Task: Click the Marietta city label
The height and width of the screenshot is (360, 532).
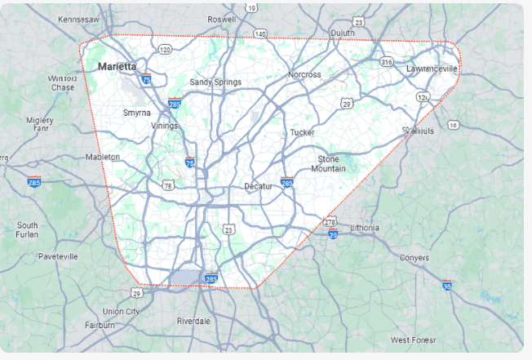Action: pos(117,66)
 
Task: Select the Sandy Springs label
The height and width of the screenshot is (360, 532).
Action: pos(215,82)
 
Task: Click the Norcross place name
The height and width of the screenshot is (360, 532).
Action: pos(304,74)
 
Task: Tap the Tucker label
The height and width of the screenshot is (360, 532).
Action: pos(302,131)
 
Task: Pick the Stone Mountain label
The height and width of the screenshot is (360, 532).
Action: pos(328,163)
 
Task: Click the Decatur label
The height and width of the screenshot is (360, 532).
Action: pos(260,186)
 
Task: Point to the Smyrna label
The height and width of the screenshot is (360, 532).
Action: pos(135,113)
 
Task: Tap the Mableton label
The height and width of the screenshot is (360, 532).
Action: pos(102,157)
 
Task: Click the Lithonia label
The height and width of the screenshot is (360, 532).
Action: pos(364,226)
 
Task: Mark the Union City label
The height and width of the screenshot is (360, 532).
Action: pos(121,311)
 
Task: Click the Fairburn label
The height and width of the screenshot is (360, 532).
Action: pos(100,325)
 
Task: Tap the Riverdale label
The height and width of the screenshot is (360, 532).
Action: pos(193,321)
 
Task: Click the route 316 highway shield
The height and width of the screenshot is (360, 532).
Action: pos(386,60)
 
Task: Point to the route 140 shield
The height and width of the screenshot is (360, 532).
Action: pos(259,33)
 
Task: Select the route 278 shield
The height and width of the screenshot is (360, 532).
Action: pos(330,221)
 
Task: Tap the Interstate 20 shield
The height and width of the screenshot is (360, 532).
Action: pos(333,233)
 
